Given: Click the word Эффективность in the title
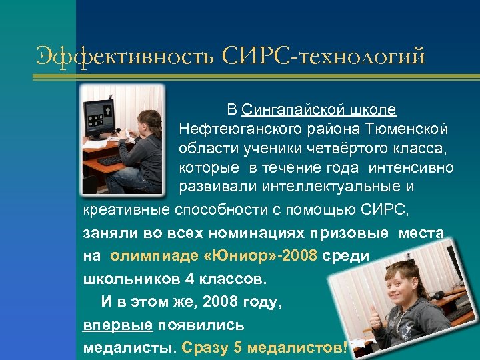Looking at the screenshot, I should coord(123,55).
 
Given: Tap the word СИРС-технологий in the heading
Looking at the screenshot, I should coord(323,55).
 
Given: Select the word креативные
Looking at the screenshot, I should coord(126,211).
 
